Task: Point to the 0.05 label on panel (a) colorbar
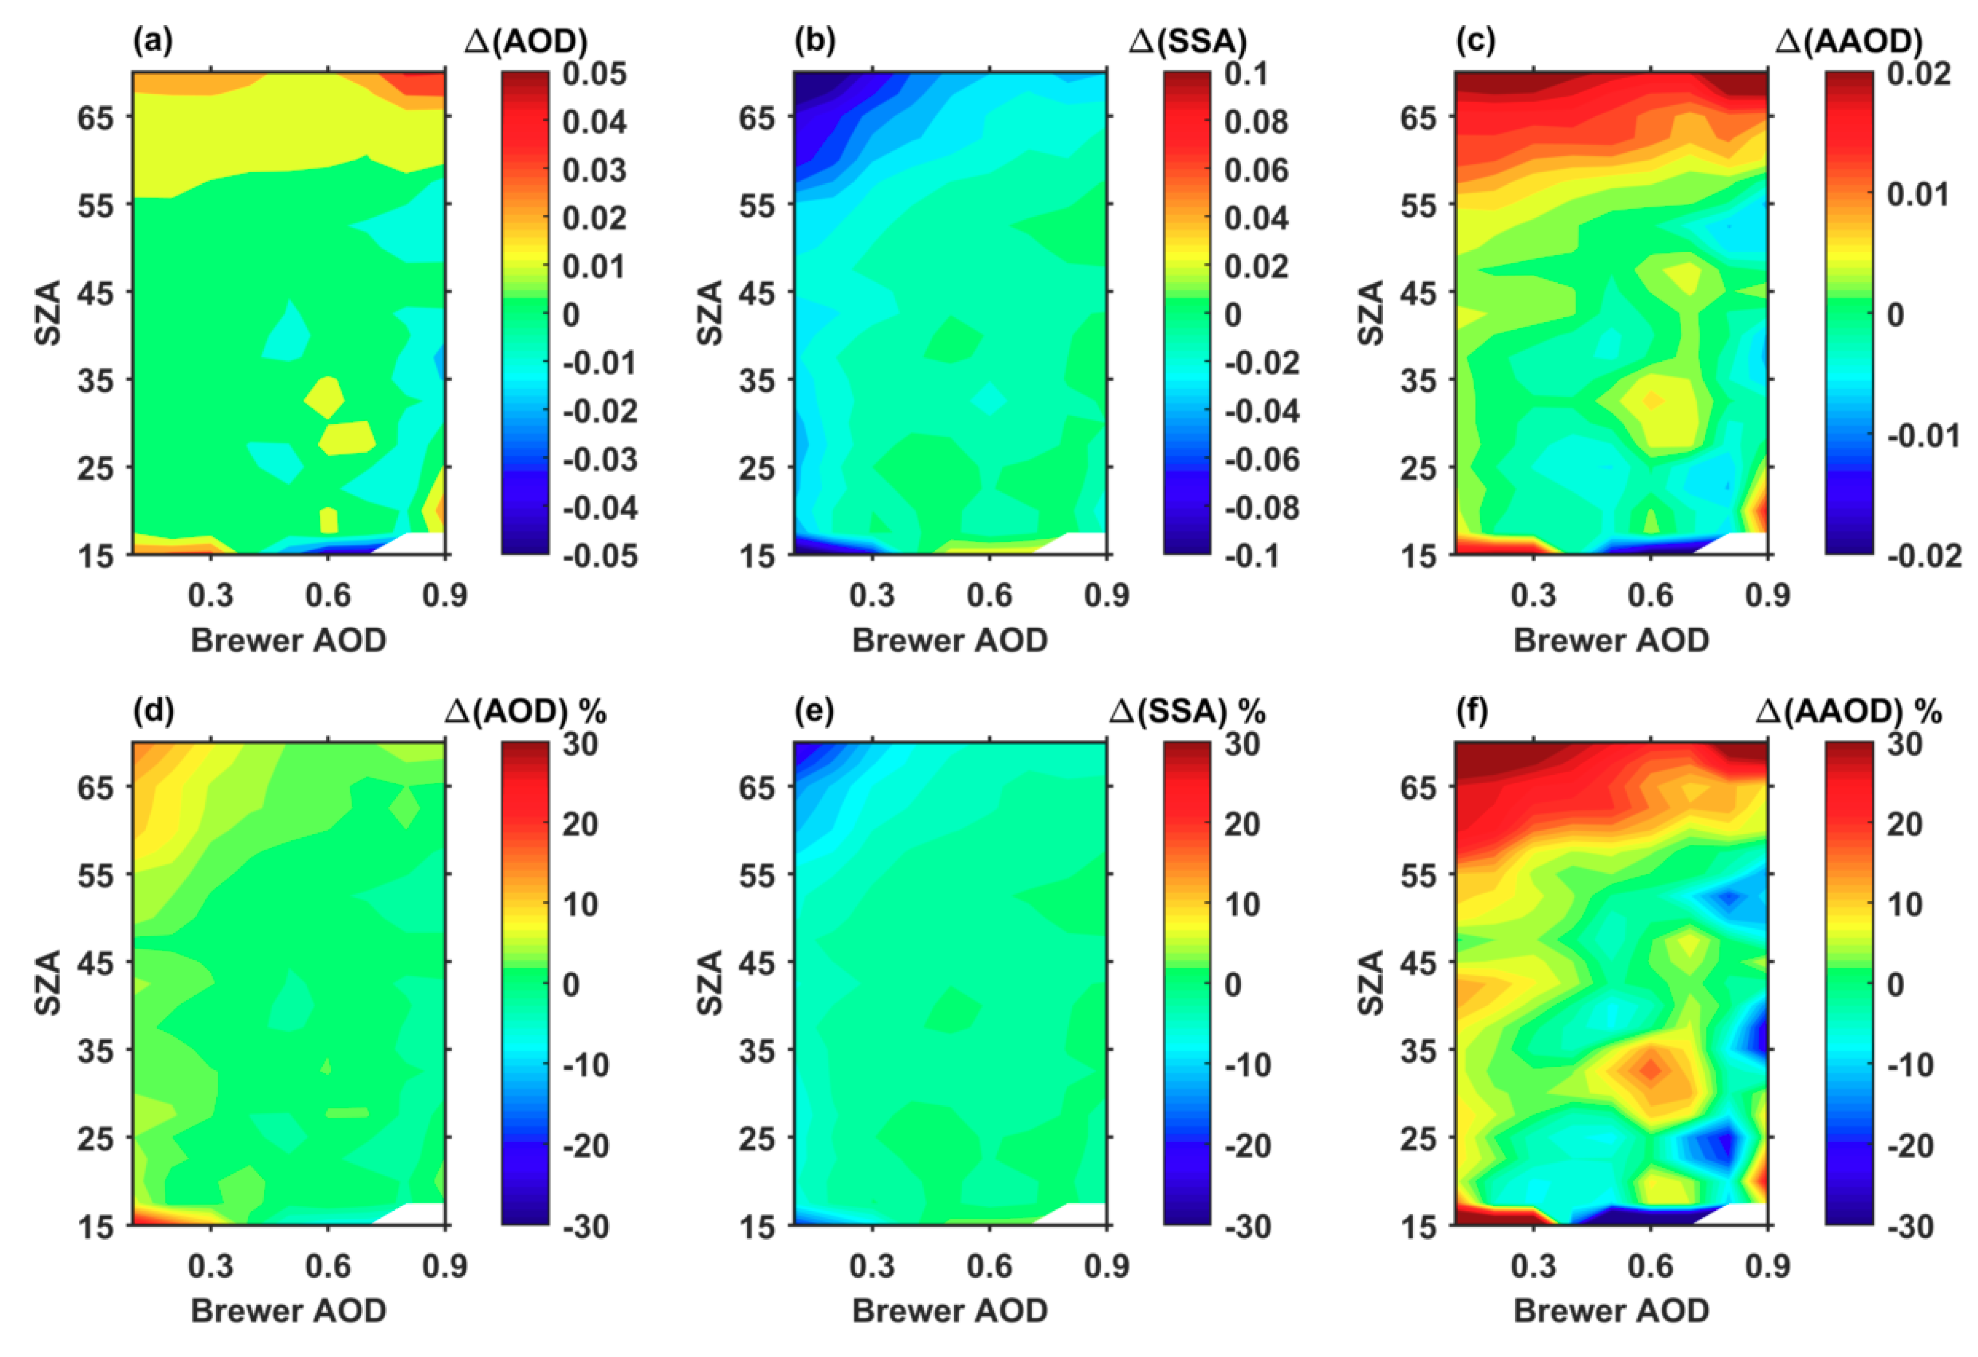click(594, 74)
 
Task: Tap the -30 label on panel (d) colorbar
click(586, 1227)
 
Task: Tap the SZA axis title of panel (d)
click(49, 983)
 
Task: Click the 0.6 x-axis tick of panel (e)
click(989, 1266)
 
